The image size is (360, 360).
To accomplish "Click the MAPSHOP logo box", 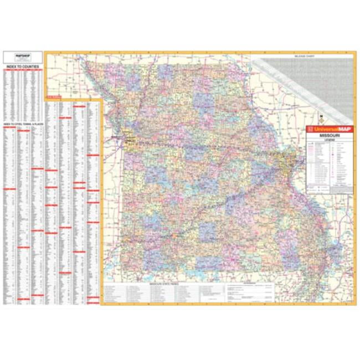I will pyautogui.click(x=23, y=56).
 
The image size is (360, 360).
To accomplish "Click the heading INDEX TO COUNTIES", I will pyautogui.click(x=23, y=66).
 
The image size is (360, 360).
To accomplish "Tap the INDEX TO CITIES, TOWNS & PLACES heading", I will pyautogui.click(x=23, y=125).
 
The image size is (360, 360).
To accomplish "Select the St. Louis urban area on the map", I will pyautogui.click(x=287, y=166).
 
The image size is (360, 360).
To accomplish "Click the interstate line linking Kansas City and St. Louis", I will pyautogui.click(x=210, y=150).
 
